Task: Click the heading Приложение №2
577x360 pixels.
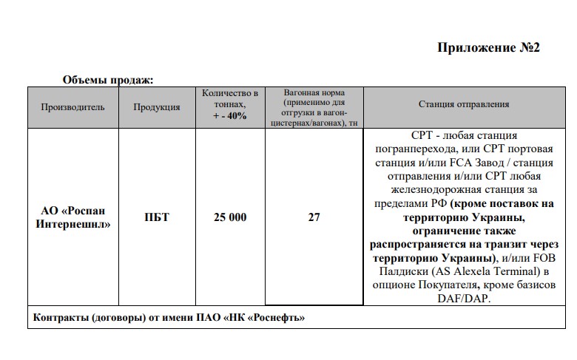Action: [489, 48]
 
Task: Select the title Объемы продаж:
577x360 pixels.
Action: [108, 80]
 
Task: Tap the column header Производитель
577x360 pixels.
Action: [72, 106]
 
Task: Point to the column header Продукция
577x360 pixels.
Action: [157, 106]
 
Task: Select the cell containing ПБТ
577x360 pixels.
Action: [157, 217]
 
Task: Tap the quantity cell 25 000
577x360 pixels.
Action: [229, 217]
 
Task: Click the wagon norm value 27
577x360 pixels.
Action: [314, 217]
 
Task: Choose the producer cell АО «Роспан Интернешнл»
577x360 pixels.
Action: [72, 217]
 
